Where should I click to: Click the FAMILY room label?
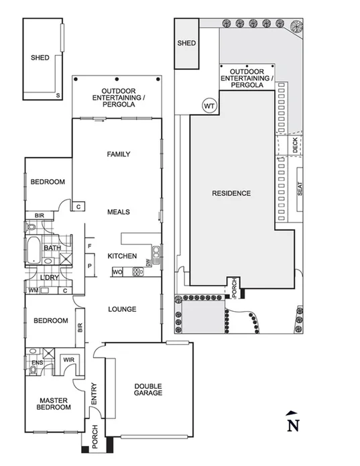[118, 154]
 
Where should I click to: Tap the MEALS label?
[118, 212]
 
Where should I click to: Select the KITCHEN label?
[122, 256]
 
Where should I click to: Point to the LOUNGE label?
[122, 309]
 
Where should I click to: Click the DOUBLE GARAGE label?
[147, 389]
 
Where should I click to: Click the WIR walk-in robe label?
[68, 360]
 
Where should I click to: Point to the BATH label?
[52, 248]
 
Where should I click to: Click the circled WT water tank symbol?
[208, 105]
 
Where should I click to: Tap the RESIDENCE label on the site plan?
[231, 193]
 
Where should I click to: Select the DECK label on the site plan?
[296, 146]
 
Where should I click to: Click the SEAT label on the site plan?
[300, 190]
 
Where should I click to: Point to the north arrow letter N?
[292, 425]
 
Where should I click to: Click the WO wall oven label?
[117, 272]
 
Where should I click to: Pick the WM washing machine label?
[33, 290]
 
